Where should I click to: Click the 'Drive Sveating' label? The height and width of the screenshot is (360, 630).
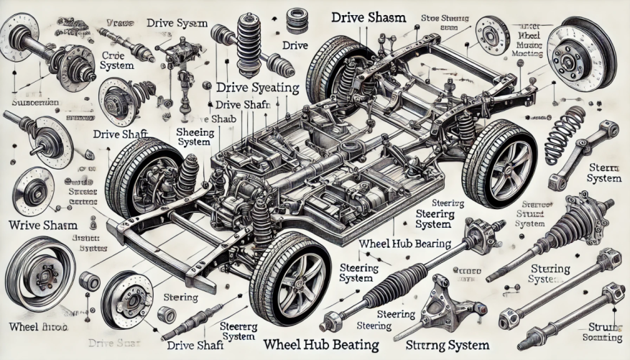[x=256, y=88]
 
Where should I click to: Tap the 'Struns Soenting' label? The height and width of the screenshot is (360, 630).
[x=601, y=332]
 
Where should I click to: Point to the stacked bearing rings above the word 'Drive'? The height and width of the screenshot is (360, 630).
[x=295, y=19]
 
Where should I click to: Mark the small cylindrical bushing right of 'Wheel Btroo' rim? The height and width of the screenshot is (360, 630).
[x=90, y=281]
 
